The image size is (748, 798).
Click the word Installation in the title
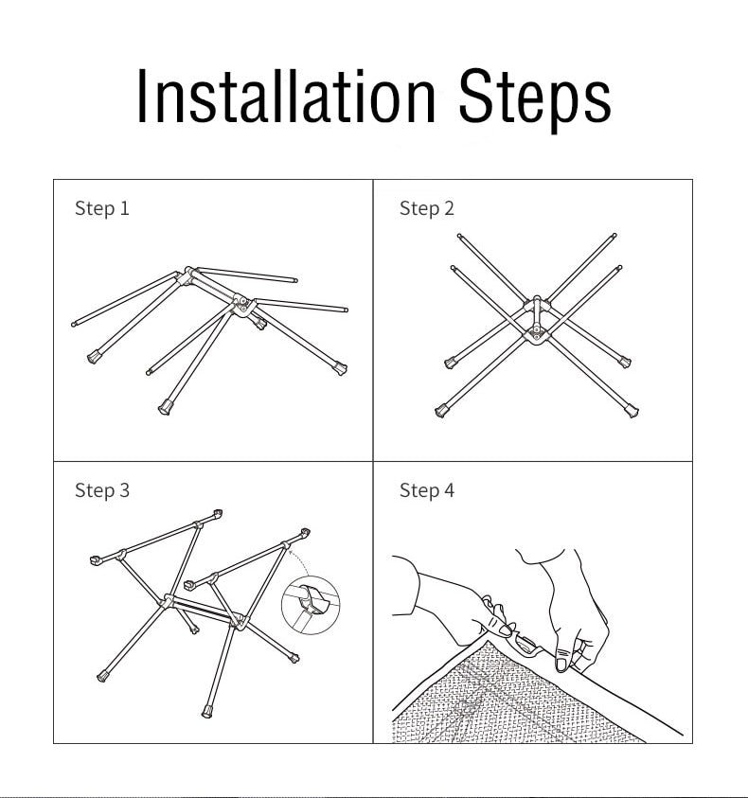[x=286, y=96]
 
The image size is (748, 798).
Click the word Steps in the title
[x=535, y=100]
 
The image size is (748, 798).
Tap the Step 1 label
[x=102, y=208]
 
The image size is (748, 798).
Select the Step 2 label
[x=427, y=208]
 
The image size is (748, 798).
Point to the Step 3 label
[x=102, y=490]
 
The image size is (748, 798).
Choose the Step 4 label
[x=427, y=490]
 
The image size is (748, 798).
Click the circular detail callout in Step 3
[x=311, y=605]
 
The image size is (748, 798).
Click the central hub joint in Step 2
[x=536, y=320]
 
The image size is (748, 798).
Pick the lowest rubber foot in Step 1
[x=166, y=407]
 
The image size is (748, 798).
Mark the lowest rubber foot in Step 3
[x=207, y=712]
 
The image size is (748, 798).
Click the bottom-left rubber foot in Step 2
[x=442, y=410]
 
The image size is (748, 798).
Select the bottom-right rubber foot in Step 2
[x=632, y=411]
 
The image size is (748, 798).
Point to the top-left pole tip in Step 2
[x=459, y=236]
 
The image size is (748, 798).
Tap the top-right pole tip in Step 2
[x=614, y=236]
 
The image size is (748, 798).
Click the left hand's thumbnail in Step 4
[x=507, y=630]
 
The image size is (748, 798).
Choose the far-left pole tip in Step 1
[x=74, y=324]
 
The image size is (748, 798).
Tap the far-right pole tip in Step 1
[x=346, y=310]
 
